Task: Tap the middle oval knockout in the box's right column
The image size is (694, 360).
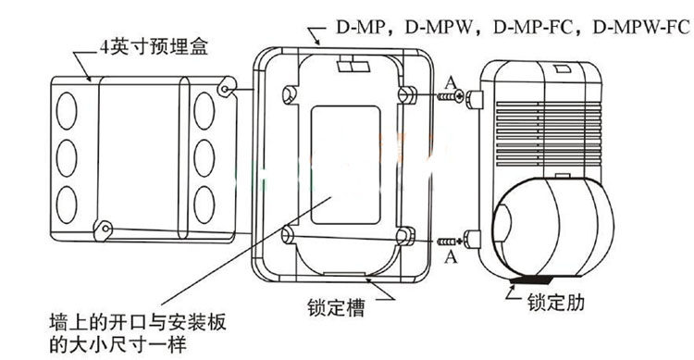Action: click(x=204, y=153)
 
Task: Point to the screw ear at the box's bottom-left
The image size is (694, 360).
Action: click(x=108, y=227)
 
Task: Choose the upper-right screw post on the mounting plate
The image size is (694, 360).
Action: click(x=403, y=94)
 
